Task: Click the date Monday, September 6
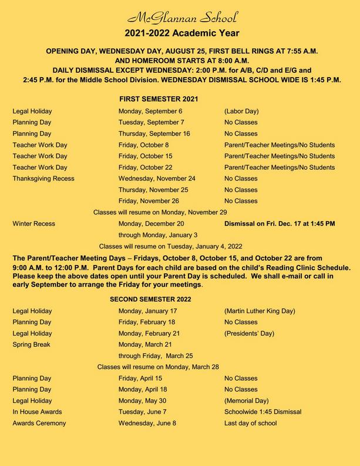(x=150, y=111)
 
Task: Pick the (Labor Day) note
(x=241, y=111)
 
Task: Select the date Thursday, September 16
(x=154, y=133)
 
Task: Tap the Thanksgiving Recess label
(x=43, y=178)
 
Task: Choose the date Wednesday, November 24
(x=157, y=178)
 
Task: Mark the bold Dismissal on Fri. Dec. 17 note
(x=280, y=223)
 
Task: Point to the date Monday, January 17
(x=147, y=311)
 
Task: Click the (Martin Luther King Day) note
(x=260, y=311)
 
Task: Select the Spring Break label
(x=32, y=344)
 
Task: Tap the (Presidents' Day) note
(x=249, y=333)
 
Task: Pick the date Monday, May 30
(x=144, y=401)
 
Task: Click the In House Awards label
(x=37, y=412)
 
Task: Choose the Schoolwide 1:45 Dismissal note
(x=263, y=412)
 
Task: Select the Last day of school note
(x=250, y=423)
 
